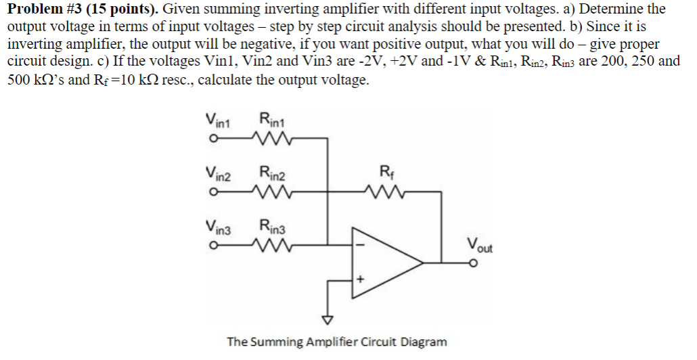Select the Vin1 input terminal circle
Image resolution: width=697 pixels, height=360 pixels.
(213, 140)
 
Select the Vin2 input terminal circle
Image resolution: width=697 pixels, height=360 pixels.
(213, 192)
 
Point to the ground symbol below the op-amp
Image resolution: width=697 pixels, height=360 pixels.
(328, 319)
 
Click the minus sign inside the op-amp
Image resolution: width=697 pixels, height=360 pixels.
(361, 244)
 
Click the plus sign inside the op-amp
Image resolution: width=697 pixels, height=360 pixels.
(361, 279)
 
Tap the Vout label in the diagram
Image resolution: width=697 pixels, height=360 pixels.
(480, 244)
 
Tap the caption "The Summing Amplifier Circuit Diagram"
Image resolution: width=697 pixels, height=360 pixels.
(336, 342)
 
